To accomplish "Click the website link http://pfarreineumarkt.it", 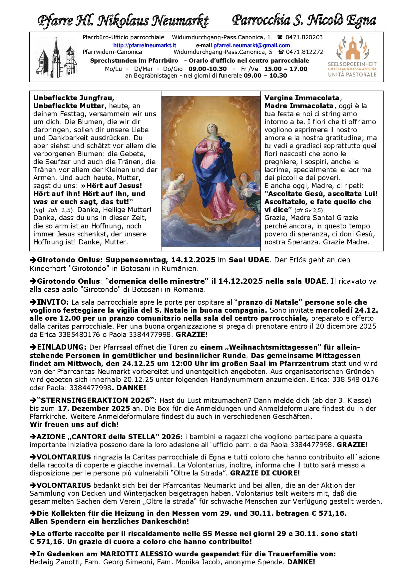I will [x=145, y=45].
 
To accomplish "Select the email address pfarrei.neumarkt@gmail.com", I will [x=251, y=45].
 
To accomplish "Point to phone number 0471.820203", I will [x=304, y=37].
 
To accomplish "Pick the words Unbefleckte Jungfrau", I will [x=74, y=98].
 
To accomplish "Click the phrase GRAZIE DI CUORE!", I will [x=265, y=473].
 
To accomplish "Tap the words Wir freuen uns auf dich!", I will [x=74, y=424].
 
